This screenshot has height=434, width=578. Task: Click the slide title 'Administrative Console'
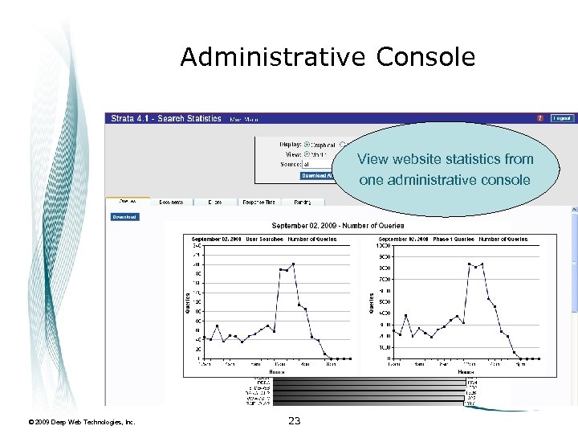coord(328,57)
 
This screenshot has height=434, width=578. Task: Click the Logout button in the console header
coord(562,118)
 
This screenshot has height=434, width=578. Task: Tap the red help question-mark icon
coord(540,118)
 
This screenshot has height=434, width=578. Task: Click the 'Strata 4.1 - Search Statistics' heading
coord(166,119)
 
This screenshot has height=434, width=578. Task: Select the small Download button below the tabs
coord(124,216)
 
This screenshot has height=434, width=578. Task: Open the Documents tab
coord(171,202)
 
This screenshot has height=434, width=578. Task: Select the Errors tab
coord(214,202)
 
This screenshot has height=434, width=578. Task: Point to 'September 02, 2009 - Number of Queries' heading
coord(338,226)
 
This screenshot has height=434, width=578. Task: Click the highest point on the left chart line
coord(294,264)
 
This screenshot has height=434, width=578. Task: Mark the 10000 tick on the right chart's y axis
coord(385,245)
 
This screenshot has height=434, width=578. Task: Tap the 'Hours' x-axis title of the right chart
coord(466,372)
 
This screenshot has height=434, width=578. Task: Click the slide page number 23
coord(294,420)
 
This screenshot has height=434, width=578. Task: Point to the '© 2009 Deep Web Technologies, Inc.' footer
coord(82,421)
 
